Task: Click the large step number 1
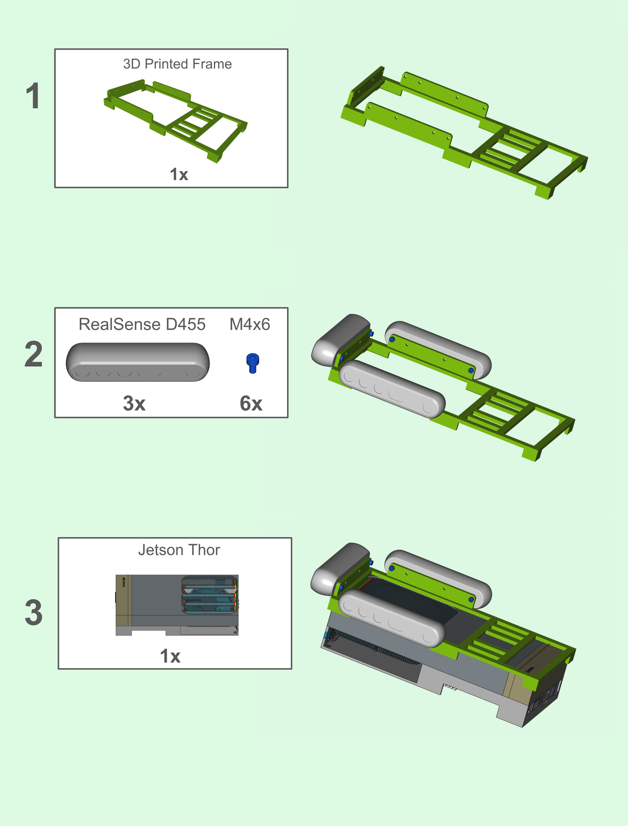(x=33, y=96)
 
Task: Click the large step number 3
(x=34, y=612)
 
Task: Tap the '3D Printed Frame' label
(x=178, y=64)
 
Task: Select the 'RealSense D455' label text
(x=142, y=324)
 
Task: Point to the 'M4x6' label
(x=250, y=324)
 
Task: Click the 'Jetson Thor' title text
(x=179, y=550)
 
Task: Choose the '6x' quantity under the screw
(x=251, y=403)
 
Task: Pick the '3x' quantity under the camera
(x=134, y=403)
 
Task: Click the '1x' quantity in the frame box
(x=179, y=174)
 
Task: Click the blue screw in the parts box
(x=253, y=363)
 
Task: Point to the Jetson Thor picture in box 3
(x=177, y=605)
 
